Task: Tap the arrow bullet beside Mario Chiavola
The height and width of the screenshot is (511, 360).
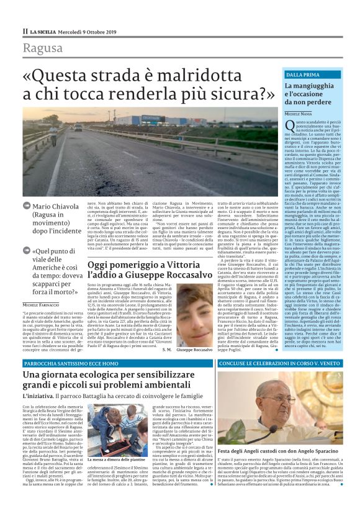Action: (26, 205)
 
